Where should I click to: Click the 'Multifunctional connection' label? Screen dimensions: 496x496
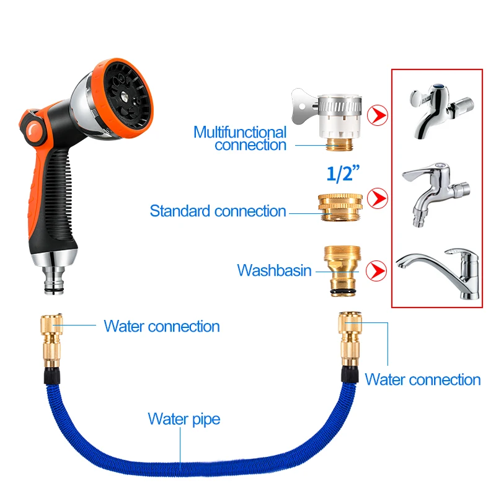240,138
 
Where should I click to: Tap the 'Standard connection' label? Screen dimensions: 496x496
218,211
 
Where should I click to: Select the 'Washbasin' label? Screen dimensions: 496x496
274,270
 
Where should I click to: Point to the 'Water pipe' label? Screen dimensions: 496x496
184,419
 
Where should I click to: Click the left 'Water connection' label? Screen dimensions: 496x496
161,326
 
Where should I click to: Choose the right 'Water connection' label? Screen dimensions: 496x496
422,379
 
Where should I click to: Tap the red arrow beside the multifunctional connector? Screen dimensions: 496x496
376,115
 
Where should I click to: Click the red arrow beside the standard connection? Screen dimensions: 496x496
376,198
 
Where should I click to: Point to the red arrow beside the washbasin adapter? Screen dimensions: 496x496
376,270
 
